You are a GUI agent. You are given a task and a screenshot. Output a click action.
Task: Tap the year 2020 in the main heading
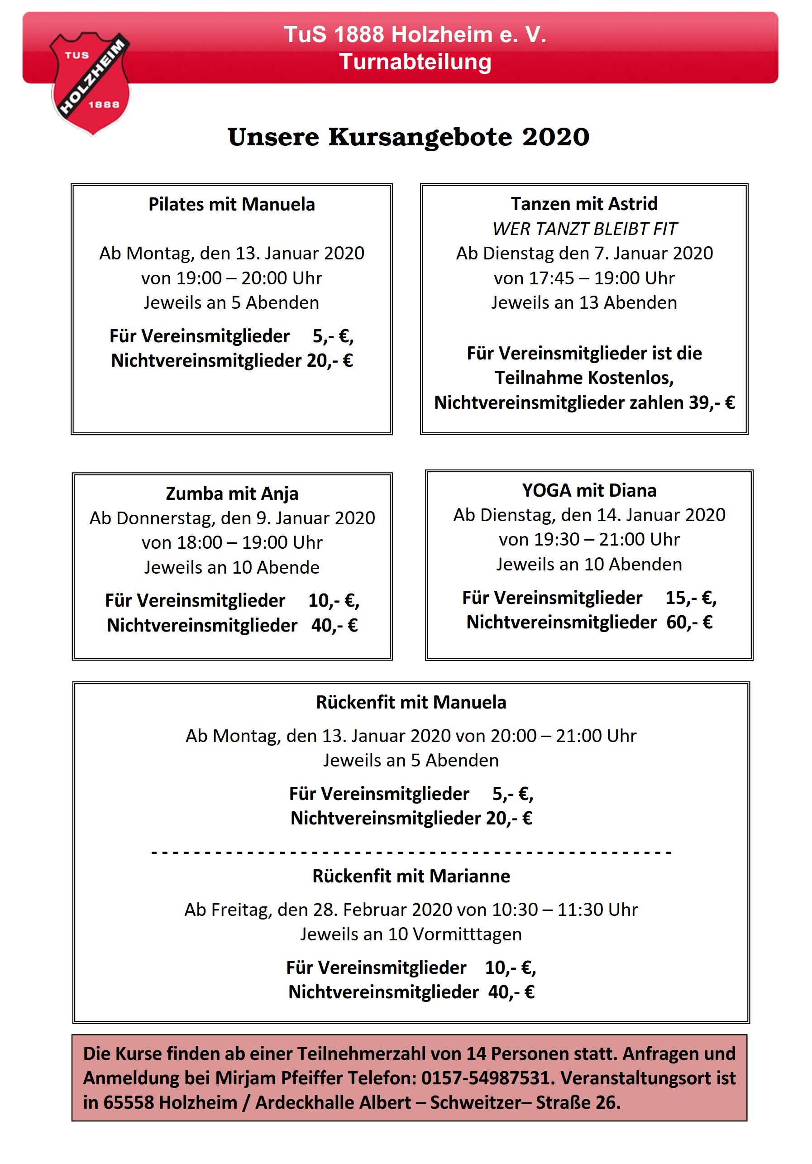(555, 137)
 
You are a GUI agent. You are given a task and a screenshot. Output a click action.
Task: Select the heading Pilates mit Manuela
(232, 204)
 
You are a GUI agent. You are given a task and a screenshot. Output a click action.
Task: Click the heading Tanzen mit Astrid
(584, 204)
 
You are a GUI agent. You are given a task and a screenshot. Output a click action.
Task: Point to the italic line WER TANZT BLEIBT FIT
(584, 229)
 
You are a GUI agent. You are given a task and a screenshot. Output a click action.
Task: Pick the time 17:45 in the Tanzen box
(551, 278)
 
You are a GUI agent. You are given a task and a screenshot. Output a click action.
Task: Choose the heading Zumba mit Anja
(232, 493)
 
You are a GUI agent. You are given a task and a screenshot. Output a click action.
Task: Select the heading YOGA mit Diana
(589, 490)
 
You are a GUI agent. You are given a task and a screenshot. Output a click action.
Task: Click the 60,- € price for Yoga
(689, 622)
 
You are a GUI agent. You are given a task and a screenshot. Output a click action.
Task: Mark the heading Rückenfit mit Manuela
(411, 702)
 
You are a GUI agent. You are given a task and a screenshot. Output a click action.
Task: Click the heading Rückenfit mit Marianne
(411, 876)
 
